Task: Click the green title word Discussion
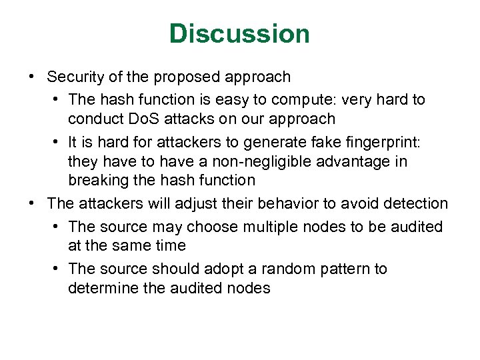pyautogui.click(x=239, y=33)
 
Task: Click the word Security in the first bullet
pyautogui.click(x=75, y=77)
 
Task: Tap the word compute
pyautogui.click(x=312, y=99)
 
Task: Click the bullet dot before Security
pyautogui.click(x=32, y=77)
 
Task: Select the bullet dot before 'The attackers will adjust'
pyautogui.click(x=32, y=203)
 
